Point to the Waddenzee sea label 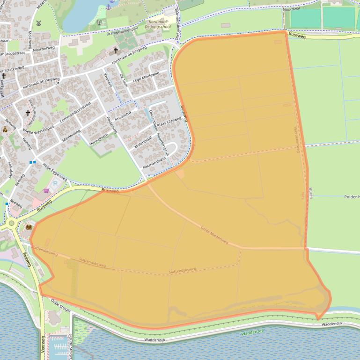[252, 333]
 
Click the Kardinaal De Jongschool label [159, 24]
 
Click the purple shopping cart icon [46, 190]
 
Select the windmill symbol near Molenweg [39, 22]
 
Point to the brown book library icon [29, 227]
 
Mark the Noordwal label [292, 8]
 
